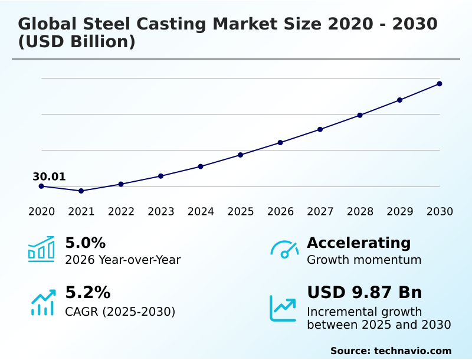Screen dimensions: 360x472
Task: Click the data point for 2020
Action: (x=41, y=186)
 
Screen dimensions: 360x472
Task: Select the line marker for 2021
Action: (x=81, y=191)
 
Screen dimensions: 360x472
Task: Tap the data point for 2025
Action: (x=240, y=155)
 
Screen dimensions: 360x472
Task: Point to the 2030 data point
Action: (x=440, y=84)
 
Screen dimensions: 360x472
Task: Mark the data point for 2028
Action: (x=360, y=115)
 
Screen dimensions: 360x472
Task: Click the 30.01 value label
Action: (x=49, y=176)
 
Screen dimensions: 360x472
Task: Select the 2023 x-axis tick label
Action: (x=160, y=212)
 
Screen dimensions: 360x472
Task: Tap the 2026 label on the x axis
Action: (x=280, y=212)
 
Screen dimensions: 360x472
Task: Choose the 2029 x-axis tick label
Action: (x=399, y=212)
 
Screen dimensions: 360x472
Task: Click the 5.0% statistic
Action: (x=85, y=243)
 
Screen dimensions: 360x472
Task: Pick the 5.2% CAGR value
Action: (x=87, y=293)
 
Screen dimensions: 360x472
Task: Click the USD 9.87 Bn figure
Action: (x=364, y=293)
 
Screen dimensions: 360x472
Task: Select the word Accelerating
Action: (x=359, y=243)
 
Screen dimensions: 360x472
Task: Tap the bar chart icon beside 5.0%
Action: (x=41, y=250)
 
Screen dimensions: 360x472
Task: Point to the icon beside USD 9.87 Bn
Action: (x=283, y=308)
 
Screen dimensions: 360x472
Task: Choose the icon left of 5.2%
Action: (x=42, y=302)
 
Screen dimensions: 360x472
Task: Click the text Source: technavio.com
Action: (x=391, y=351)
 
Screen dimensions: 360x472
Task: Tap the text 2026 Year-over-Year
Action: (x=123, y=260)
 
